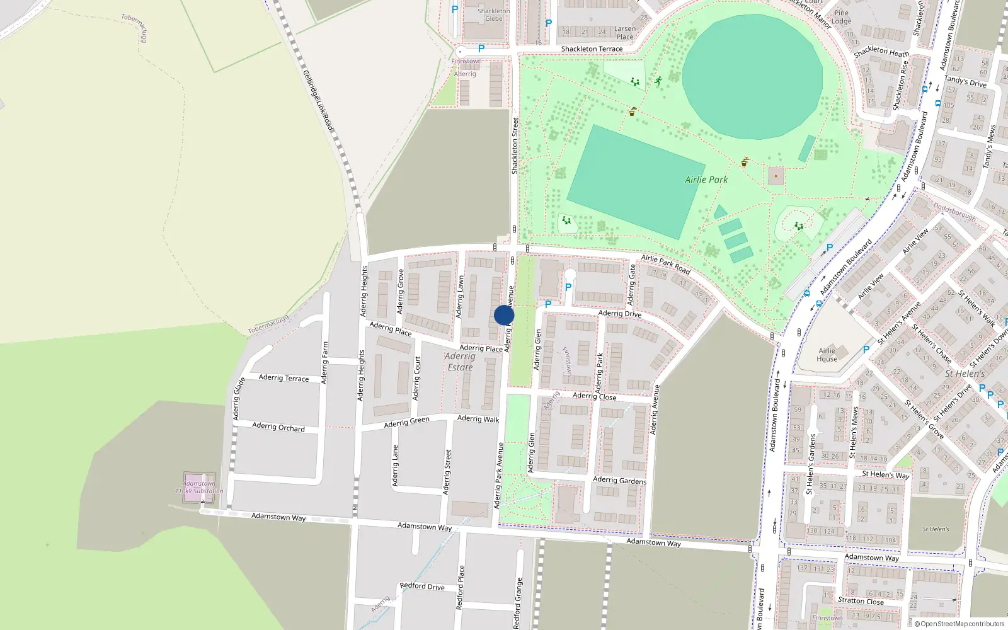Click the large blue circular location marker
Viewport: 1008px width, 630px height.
(x=504, y=315)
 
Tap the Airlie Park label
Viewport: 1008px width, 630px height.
(x=706, y=180)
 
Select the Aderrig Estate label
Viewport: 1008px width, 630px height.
(x=460, y=362)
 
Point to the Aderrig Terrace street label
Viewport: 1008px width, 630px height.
(x=283, y=378)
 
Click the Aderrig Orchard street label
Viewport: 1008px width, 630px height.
(x=278, y=427)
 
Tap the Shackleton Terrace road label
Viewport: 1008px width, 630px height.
(x=592, y=49)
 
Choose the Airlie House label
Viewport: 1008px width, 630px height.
(x=827, y=355)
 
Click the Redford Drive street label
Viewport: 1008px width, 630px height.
(x=422, y=586)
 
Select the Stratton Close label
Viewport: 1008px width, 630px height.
(x=861, y=600)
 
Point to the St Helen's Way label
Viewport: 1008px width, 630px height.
(x=886, y=474)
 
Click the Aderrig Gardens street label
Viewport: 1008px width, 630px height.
(x=619, y=480)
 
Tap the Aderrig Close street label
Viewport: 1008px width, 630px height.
(x=594, y=396)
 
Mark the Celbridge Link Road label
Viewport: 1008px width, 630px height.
(x=318, y=101)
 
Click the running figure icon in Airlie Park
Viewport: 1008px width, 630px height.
(x=658, y=81)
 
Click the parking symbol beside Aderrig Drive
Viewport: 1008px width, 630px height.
(x=548, y=304)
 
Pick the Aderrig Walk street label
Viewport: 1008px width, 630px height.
(x=478, y=418)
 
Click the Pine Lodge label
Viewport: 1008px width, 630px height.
(x=842, y=17)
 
